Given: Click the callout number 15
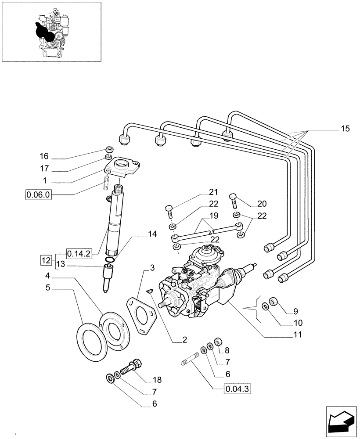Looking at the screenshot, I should (346, 129).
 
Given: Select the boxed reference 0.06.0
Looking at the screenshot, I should (38, 194).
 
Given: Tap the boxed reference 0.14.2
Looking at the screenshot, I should (79, 253).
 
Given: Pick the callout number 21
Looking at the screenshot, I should (213, 191).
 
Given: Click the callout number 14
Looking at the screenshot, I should (152, 234).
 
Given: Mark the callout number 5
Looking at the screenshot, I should (47, 288).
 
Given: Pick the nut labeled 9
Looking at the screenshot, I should (273, 301).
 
